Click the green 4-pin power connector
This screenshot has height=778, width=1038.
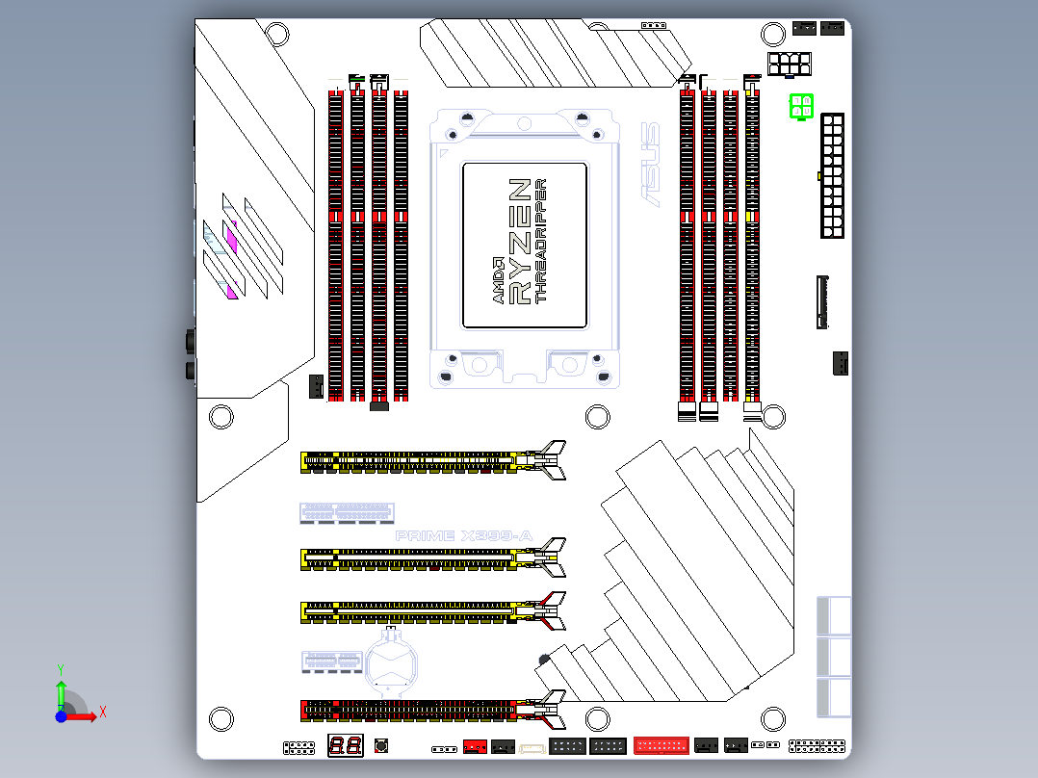click(801, 107)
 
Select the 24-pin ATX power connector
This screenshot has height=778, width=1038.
click(832, 175)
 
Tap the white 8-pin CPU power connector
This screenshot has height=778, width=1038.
click(790, 64)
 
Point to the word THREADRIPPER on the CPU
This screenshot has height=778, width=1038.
click(541, 241)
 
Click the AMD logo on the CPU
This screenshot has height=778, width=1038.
click(499, 281)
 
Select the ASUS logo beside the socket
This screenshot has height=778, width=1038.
click(651, 165)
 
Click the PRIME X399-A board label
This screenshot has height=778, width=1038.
click(464, 535)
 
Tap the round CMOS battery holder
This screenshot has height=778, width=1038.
click(393, 662)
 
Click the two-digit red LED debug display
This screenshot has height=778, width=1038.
click(345, 744)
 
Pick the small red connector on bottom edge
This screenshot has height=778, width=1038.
click(475, 746)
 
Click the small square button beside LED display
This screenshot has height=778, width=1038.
click(381, 745)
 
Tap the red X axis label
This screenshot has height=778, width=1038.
click(102, 713)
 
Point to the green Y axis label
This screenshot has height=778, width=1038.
click(60, 667)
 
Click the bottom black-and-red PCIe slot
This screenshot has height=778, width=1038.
click(424, 711)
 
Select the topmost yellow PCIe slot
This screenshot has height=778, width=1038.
click(424, 460)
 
